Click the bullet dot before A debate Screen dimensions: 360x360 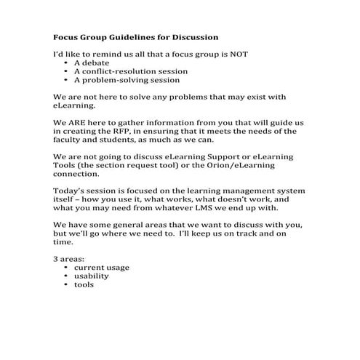pyautogui.click(x=67, y=63)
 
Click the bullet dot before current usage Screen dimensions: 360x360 pyautogui.click(x=67, y=267)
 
